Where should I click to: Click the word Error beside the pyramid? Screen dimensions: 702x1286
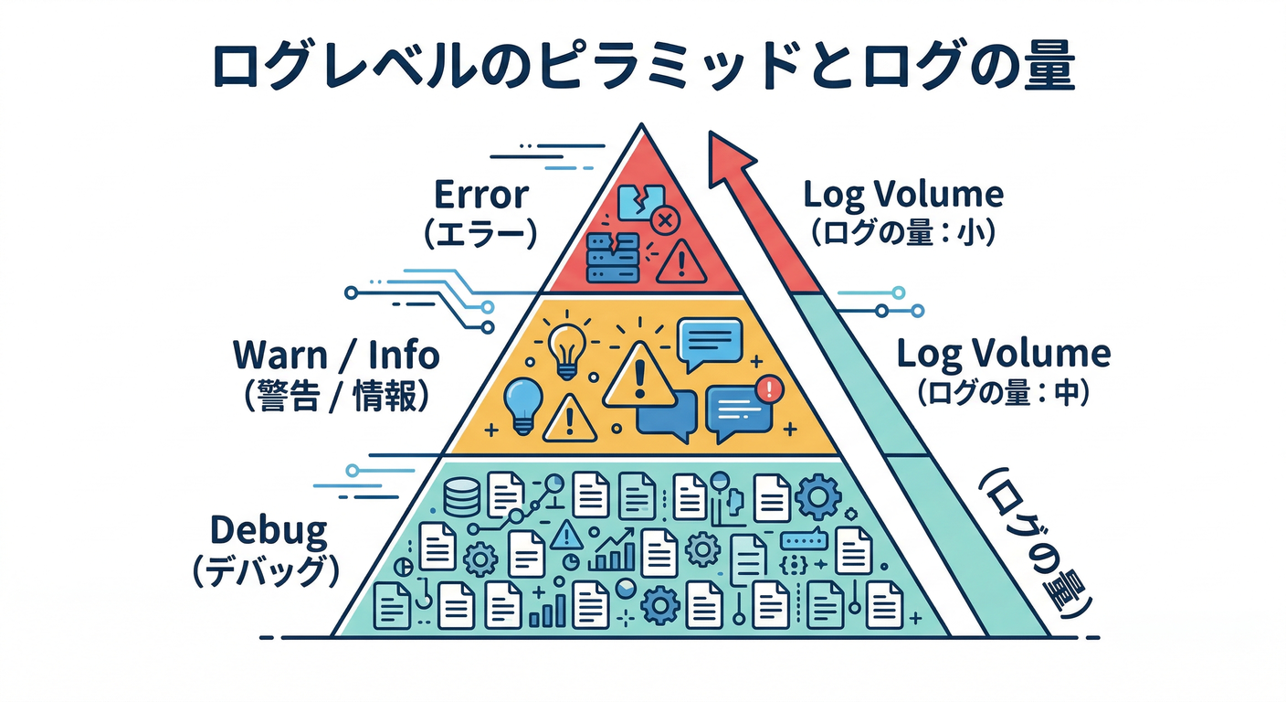click(480, 196)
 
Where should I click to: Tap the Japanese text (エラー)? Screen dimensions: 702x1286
click(480, 234)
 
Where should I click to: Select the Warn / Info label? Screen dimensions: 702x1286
click(336, 355)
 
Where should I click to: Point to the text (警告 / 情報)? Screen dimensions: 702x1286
click(336, 398)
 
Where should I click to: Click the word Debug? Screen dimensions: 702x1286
click(268, 529)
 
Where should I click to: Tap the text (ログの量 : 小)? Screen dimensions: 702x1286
click(902, 233)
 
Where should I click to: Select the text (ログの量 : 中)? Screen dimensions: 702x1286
click(1002, 394)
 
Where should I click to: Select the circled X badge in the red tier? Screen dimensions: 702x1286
click(665, 220)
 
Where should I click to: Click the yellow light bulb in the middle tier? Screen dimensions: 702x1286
click(565, 349)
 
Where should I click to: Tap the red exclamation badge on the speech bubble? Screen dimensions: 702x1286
click(771, 389)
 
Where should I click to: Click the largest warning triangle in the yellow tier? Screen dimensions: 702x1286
click(639, 378)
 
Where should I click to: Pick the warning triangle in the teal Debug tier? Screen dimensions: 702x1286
click(566, 532)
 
